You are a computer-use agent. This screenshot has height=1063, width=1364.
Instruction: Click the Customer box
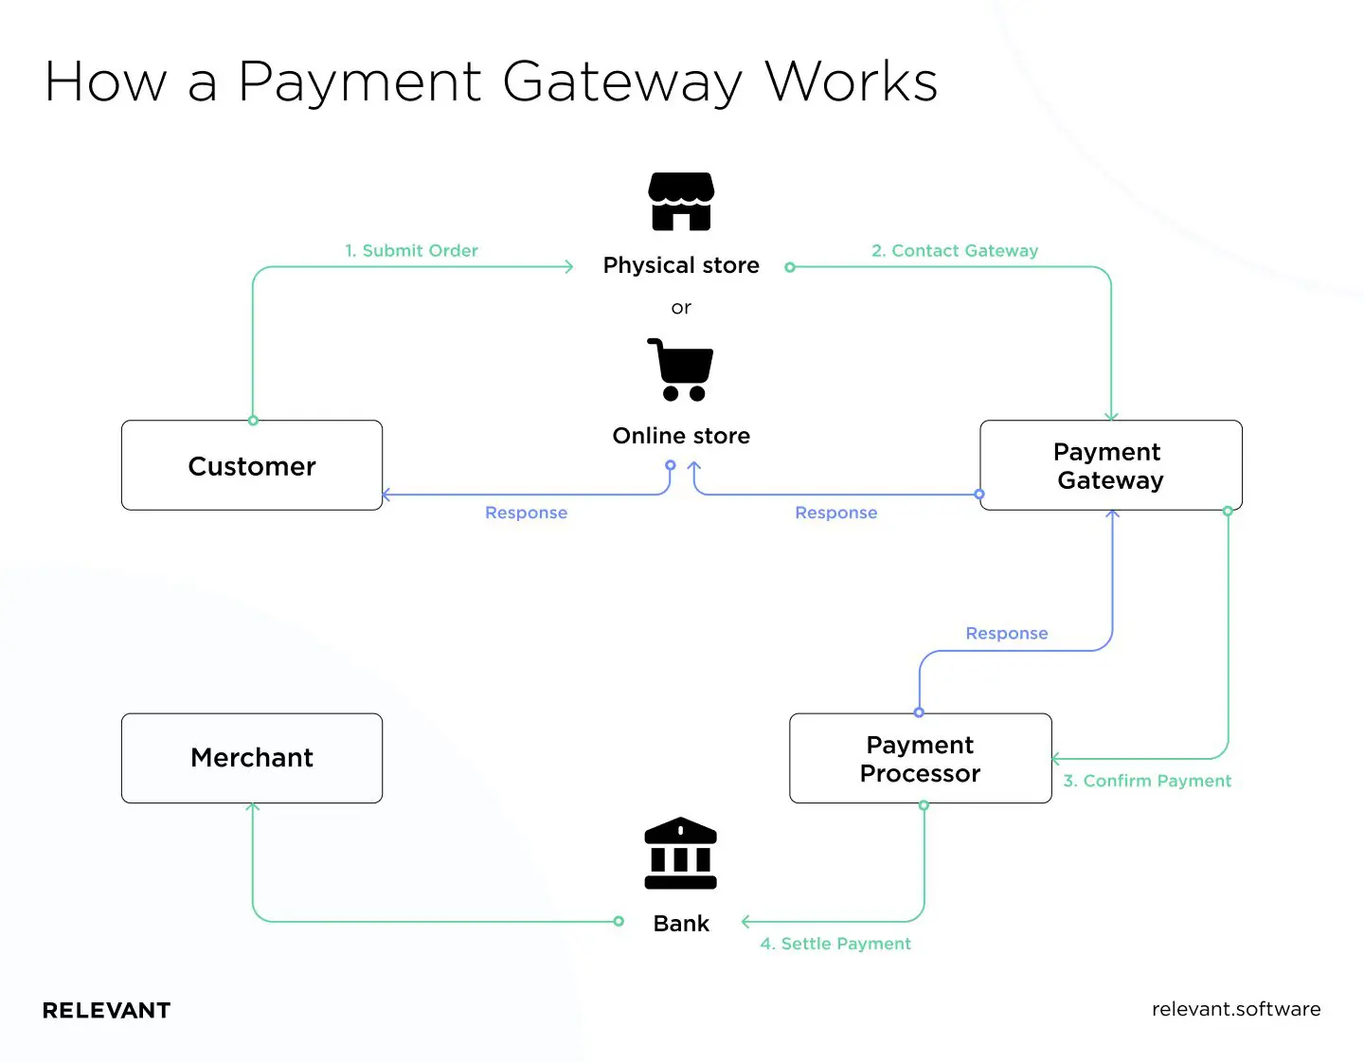pyautogui.click(x=252, y=465)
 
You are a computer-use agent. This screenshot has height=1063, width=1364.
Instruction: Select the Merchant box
pyautogui.click(x=252, y=758)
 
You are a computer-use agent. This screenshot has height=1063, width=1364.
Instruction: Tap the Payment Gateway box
pyautogui.click(x=1110, y=465)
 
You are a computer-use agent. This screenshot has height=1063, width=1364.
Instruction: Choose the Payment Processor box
pyautogui.click(x=920, y=758)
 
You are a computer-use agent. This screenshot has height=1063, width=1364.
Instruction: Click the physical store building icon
pyautogui.click(x=681, y=201)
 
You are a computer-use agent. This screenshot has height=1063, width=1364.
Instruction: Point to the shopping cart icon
pyautogui.click(x=680, y=369)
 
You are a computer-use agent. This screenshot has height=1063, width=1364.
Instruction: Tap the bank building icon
pyautogui.click(x=680, y=853)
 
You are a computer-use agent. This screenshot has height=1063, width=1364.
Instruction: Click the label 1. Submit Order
pyautogui.click(x=411, y=251)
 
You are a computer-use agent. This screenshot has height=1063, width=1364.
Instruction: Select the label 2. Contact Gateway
pyautogui.click(x=955, y=251)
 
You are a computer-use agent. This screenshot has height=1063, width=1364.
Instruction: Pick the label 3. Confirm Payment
pyautogui.click(x=1147, y=781)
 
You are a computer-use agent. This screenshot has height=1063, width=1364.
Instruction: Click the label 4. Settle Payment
pyautogui.click(x=835, y=944)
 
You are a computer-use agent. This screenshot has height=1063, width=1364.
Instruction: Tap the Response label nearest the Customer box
pyautogui.click(x=526, y=513)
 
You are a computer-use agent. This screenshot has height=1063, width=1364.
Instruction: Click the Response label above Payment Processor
pyautogui.click(x=1006, y=633)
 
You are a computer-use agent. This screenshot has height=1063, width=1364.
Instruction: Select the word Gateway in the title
pyautogui.click(x=624, y=82)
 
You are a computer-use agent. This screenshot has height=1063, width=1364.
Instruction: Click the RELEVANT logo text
pyautogui.click(x=107, y=1011)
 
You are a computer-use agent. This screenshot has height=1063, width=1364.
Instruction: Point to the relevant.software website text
pyautogui.click(x=1235, y=1009)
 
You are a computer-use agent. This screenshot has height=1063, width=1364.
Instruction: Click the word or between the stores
pyautogui.click(x=681, y=308)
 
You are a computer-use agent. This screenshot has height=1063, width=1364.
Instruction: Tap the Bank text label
pyautogui.click(x=681, y=924)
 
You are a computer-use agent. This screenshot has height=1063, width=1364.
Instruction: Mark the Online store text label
pyautogui.click(x=681, y=436)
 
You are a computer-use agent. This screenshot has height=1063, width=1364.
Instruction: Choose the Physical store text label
pyautogui.click(x=681, y=265)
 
